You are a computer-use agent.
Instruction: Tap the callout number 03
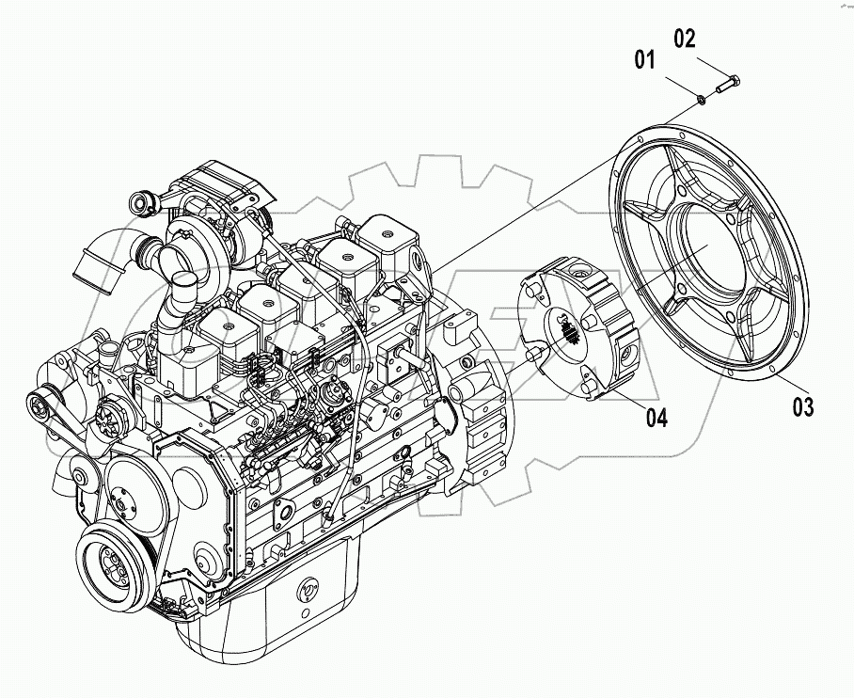pyautogui.click(x=802, y=406)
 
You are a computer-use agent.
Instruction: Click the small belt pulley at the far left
pyautogui.click(x=40, y=406)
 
